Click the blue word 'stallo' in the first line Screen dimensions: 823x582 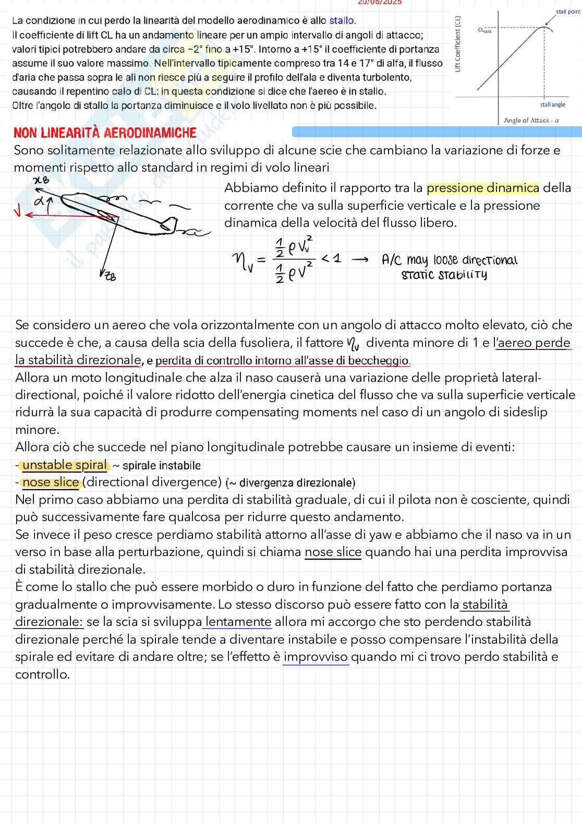point(342,21)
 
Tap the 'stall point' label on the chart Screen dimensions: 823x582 point(568,11)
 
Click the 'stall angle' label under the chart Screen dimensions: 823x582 point(553,104)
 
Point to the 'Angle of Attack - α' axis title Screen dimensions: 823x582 point(531,120)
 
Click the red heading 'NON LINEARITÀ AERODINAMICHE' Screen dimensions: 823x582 point(105,133)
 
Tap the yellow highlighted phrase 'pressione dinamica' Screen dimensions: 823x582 point(483,188)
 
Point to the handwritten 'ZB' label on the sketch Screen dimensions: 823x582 point(110,276)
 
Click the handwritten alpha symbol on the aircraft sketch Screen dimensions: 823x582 point(39,201)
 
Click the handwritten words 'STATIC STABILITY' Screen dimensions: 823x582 point(444,275)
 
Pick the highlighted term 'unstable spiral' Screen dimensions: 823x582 point(65,465)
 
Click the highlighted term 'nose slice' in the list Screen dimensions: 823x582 point(51,482)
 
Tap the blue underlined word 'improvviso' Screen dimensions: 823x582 point(316,657)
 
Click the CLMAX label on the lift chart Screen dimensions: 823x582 point(484,30)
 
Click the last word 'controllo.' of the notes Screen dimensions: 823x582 point(42,674)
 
